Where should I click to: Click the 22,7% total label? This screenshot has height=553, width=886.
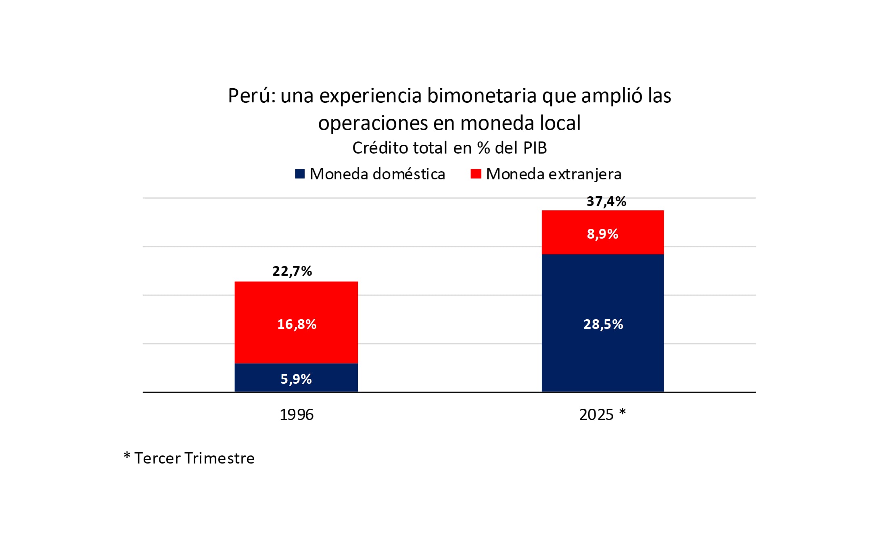292,271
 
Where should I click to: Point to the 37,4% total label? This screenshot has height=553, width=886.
606,201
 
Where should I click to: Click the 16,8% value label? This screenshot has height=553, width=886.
297,324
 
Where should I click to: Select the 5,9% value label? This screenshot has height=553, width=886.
296,379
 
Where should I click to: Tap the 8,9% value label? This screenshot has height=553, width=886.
602,234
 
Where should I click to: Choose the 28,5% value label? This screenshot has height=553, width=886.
603,324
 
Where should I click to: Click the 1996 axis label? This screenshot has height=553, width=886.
296,414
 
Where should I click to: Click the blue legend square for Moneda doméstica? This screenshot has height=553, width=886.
300,174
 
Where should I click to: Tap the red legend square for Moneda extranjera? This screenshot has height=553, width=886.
476,174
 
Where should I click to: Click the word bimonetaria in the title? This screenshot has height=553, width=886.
482,96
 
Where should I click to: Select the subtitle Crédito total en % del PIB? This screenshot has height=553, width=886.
449,148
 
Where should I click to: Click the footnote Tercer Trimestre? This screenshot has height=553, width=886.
194,458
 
